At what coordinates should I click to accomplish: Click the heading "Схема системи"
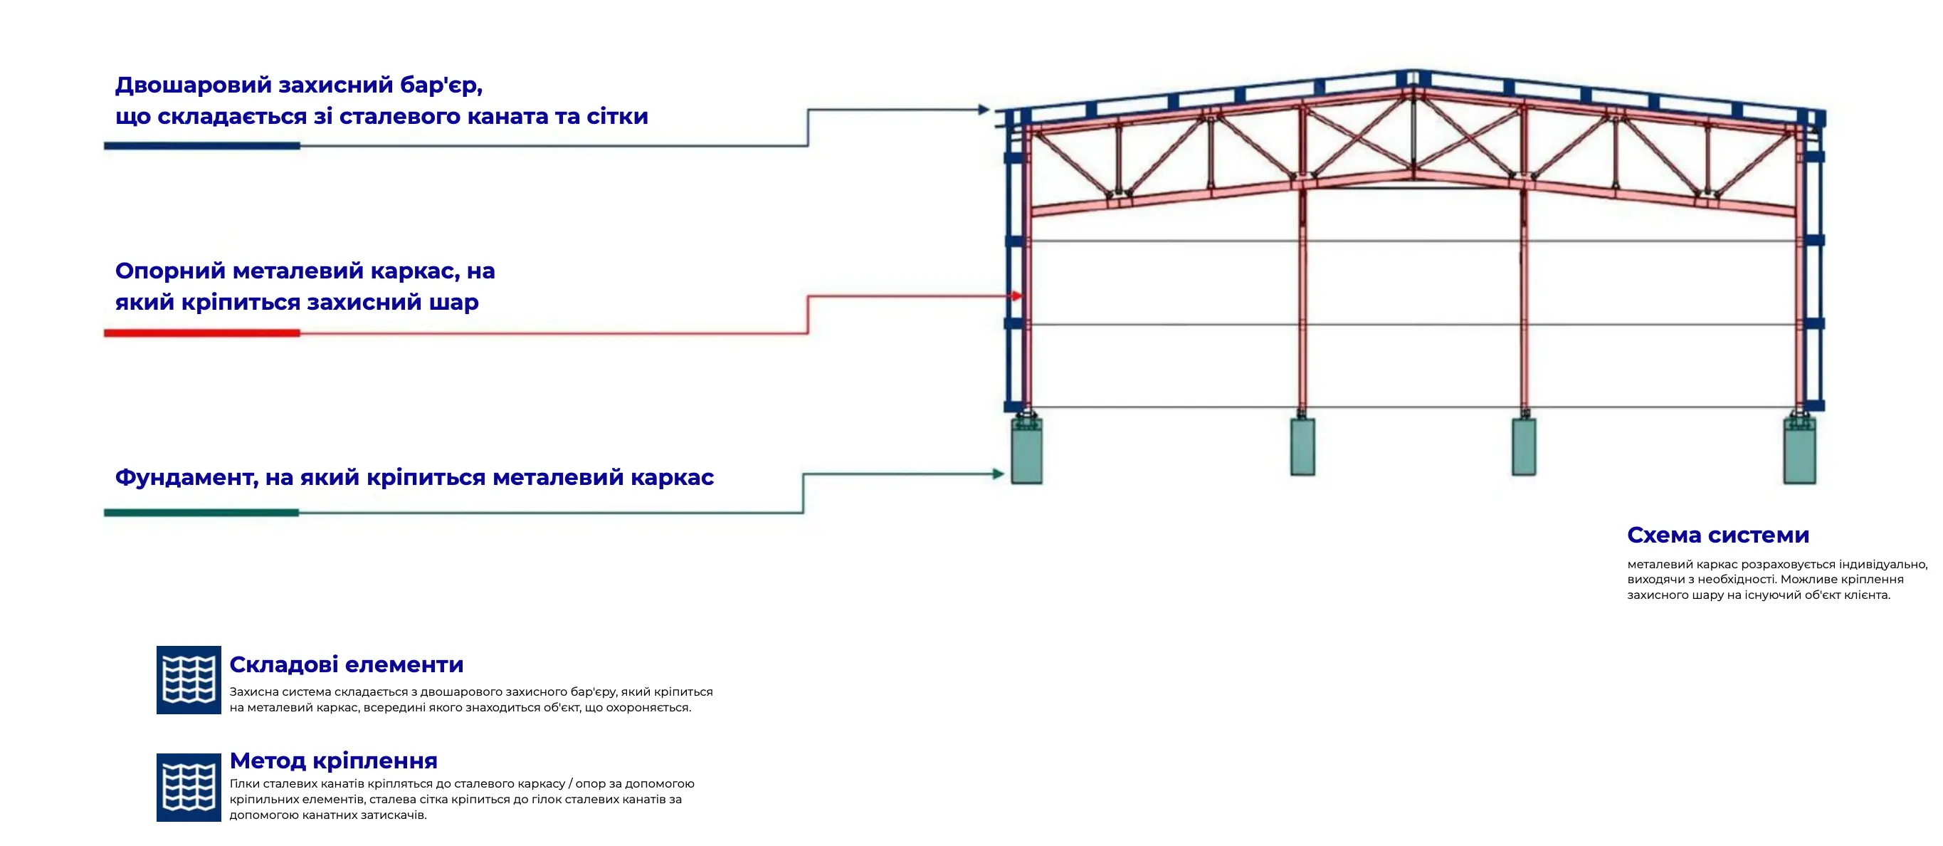click(x=1717, y=535)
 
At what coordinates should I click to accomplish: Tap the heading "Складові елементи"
click(x=346, y=664)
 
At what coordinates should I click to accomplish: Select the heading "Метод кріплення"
click(x=333, y=760)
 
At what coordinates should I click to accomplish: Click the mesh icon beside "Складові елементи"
click(x=189, y=680)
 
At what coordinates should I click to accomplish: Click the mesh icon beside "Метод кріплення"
click(x=189, y=787)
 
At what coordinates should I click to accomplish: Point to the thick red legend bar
click(x=202, y=333)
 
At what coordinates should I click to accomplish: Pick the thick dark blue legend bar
click(x=202, y=146)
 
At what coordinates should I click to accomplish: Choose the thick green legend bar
click(x=201, y=513)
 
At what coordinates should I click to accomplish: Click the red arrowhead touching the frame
click(x=1017, y=296)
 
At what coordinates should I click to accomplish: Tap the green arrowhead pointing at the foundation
click(x=999, y=474)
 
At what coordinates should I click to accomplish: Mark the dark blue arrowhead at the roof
click(x=984, y=110)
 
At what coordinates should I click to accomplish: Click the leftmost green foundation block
click(x=1026, y=451)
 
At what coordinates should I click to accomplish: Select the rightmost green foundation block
click(x=1800, y=451)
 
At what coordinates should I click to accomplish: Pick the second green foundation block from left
click(x=1302, y=446)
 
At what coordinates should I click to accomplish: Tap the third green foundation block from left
click(x=1524, y=446)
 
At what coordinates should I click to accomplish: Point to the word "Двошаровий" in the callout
click(x=193, y=85)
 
